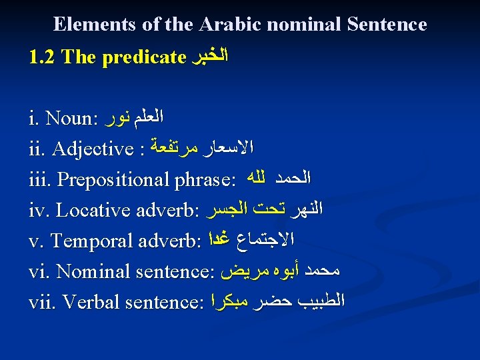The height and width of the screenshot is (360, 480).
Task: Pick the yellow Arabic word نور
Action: pos(116,119)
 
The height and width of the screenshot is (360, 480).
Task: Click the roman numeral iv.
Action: pos(37,211)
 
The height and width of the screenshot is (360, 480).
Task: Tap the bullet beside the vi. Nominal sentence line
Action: pos(19,272)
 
